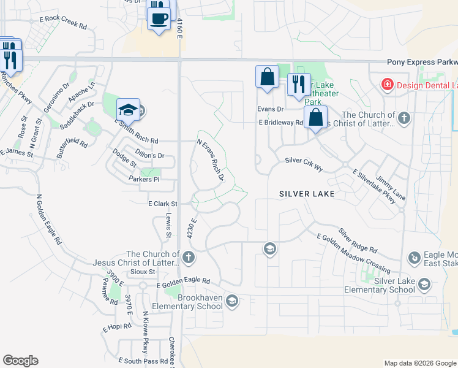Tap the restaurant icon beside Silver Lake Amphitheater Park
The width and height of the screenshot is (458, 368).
298,84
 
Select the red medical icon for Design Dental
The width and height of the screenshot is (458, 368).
387,84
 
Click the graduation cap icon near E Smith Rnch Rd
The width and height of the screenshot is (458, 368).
128,109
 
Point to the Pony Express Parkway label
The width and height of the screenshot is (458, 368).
422,63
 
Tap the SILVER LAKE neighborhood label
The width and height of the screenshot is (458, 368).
307,194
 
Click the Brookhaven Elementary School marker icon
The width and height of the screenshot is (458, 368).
232,301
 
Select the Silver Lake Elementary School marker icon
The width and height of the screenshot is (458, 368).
425,284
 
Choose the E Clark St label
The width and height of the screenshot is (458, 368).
162,204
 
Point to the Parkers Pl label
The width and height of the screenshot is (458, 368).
144,180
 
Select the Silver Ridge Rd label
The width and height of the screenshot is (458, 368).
358,241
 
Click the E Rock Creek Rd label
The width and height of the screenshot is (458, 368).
63,28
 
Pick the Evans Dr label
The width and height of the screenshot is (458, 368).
270,109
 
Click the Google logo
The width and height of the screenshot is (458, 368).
20,361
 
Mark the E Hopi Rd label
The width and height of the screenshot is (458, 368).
117,327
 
